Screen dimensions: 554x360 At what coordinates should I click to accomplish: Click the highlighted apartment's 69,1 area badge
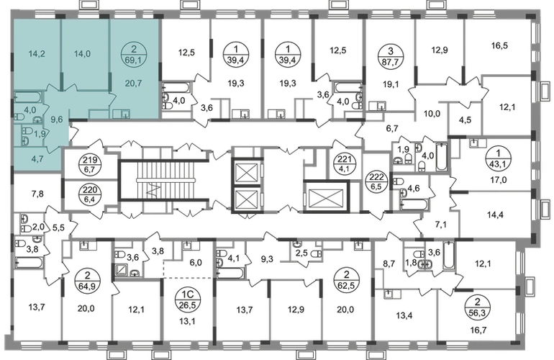pos(133,55)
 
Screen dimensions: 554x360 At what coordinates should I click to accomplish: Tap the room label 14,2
pos(37,54)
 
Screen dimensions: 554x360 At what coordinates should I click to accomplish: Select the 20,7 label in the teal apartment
pos(133,84)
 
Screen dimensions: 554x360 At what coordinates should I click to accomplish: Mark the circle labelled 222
pos(376,180)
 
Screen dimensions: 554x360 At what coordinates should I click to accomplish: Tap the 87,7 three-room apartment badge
pos(390,55)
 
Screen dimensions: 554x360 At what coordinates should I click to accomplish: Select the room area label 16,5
pos(499,45)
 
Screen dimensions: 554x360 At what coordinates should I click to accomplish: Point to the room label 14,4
pos(495,215)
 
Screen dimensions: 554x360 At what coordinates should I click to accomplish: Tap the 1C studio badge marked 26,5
pos(187,300)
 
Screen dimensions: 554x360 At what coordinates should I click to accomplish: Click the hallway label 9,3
pos(267,260)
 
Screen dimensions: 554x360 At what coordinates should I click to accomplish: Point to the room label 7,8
pos(37,193)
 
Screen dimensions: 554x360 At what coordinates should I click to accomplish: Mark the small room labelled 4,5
pos(465,120)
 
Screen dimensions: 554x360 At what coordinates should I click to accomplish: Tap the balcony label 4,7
pos(37,159)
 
